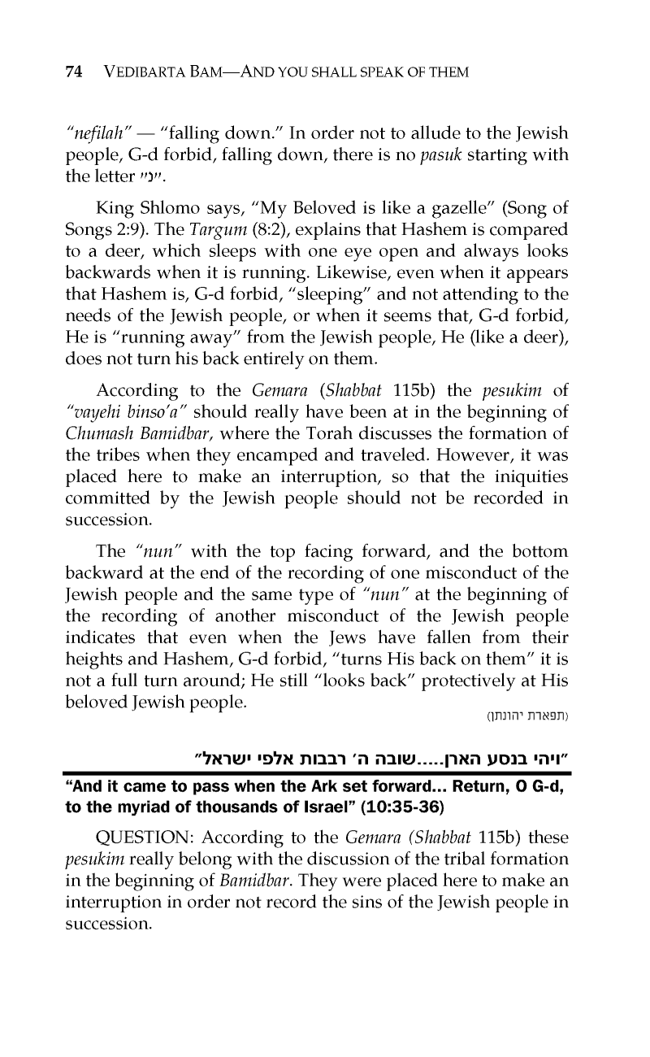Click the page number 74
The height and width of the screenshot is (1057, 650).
tap(73, 72)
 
